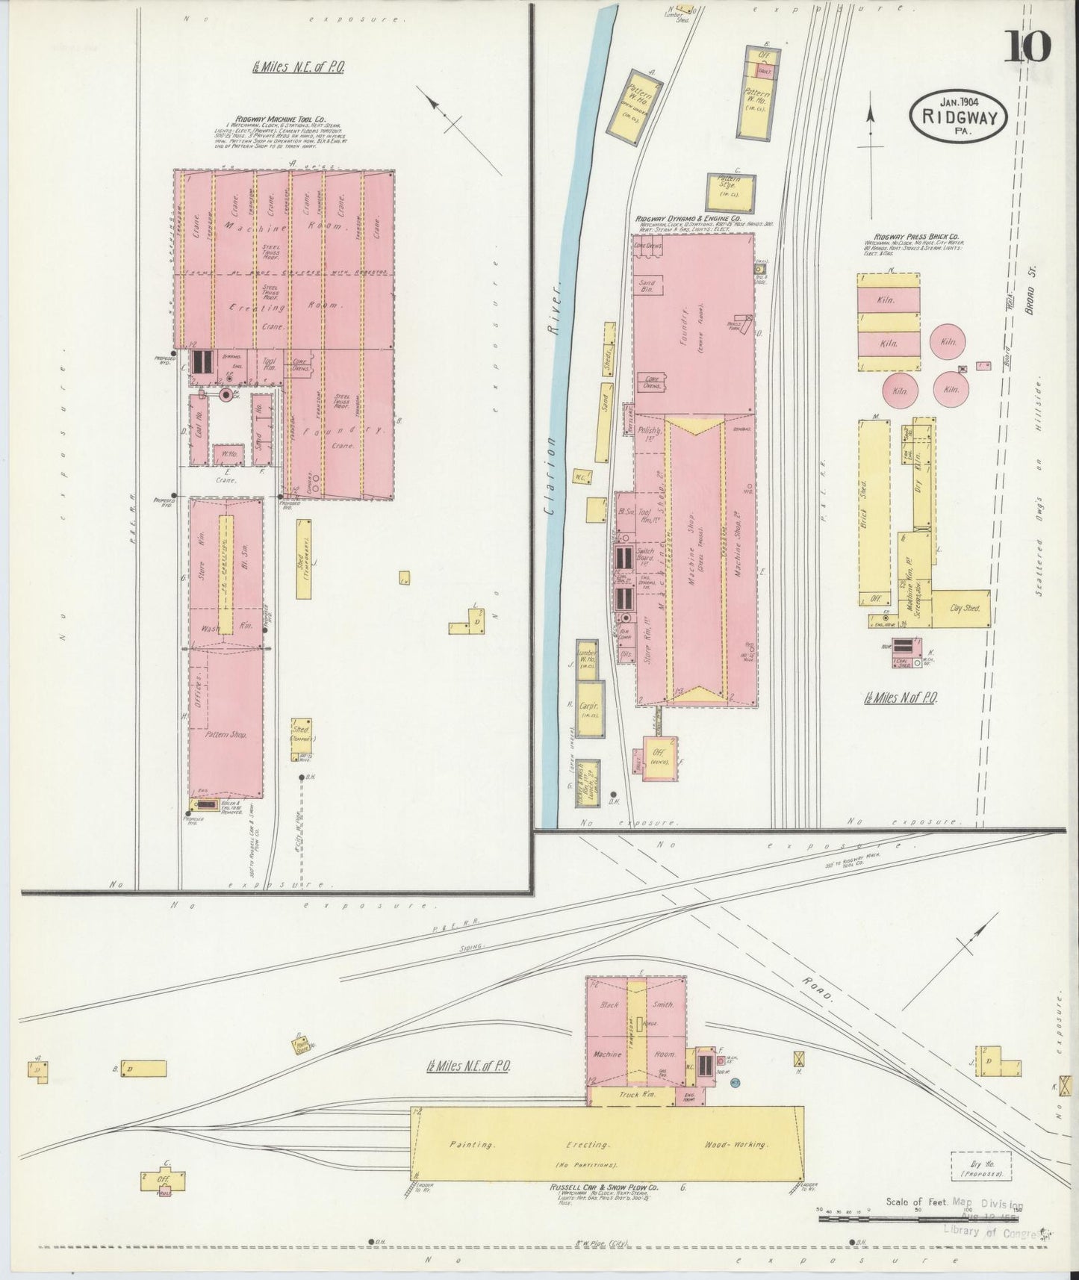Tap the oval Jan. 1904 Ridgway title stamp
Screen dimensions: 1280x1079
click(x=958, y=113)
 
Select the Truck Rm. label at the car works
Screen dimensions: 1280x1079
click(x=633, y=1096)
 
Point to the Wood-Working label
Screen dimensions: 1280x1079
click(x=738, y=1144)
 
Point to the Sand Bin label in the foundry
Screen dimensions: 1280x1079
click(x=647, y=288)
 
